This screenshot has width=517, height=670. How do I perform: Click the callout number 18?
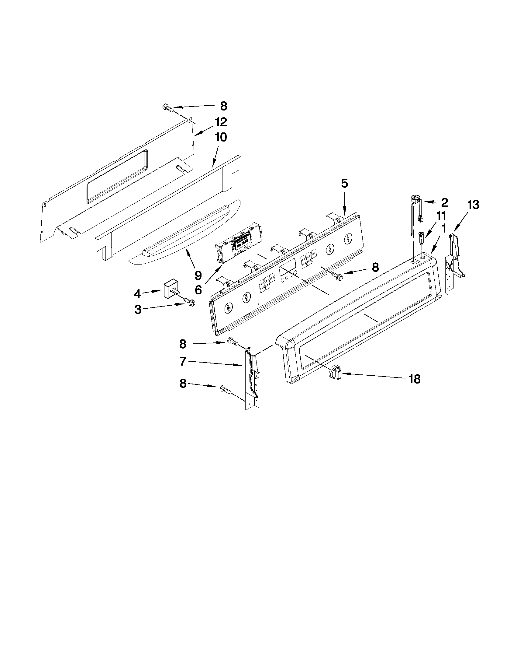(x=414, y=380)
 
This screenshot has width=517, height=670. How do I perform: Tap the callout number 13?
(x=473, y=205)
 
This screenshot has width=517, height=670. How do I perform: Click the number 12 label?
(x=221, y=122)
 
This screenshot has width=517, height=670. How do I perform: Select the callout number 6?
(x=198, y=289)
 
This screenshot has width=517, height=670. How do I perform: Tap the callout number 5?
(x=344, y=184)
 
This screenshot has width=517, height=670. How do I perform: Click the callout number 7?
(x=183, y=362)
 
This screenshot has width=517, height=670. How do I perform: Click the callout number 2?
(x=444, y=202)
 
